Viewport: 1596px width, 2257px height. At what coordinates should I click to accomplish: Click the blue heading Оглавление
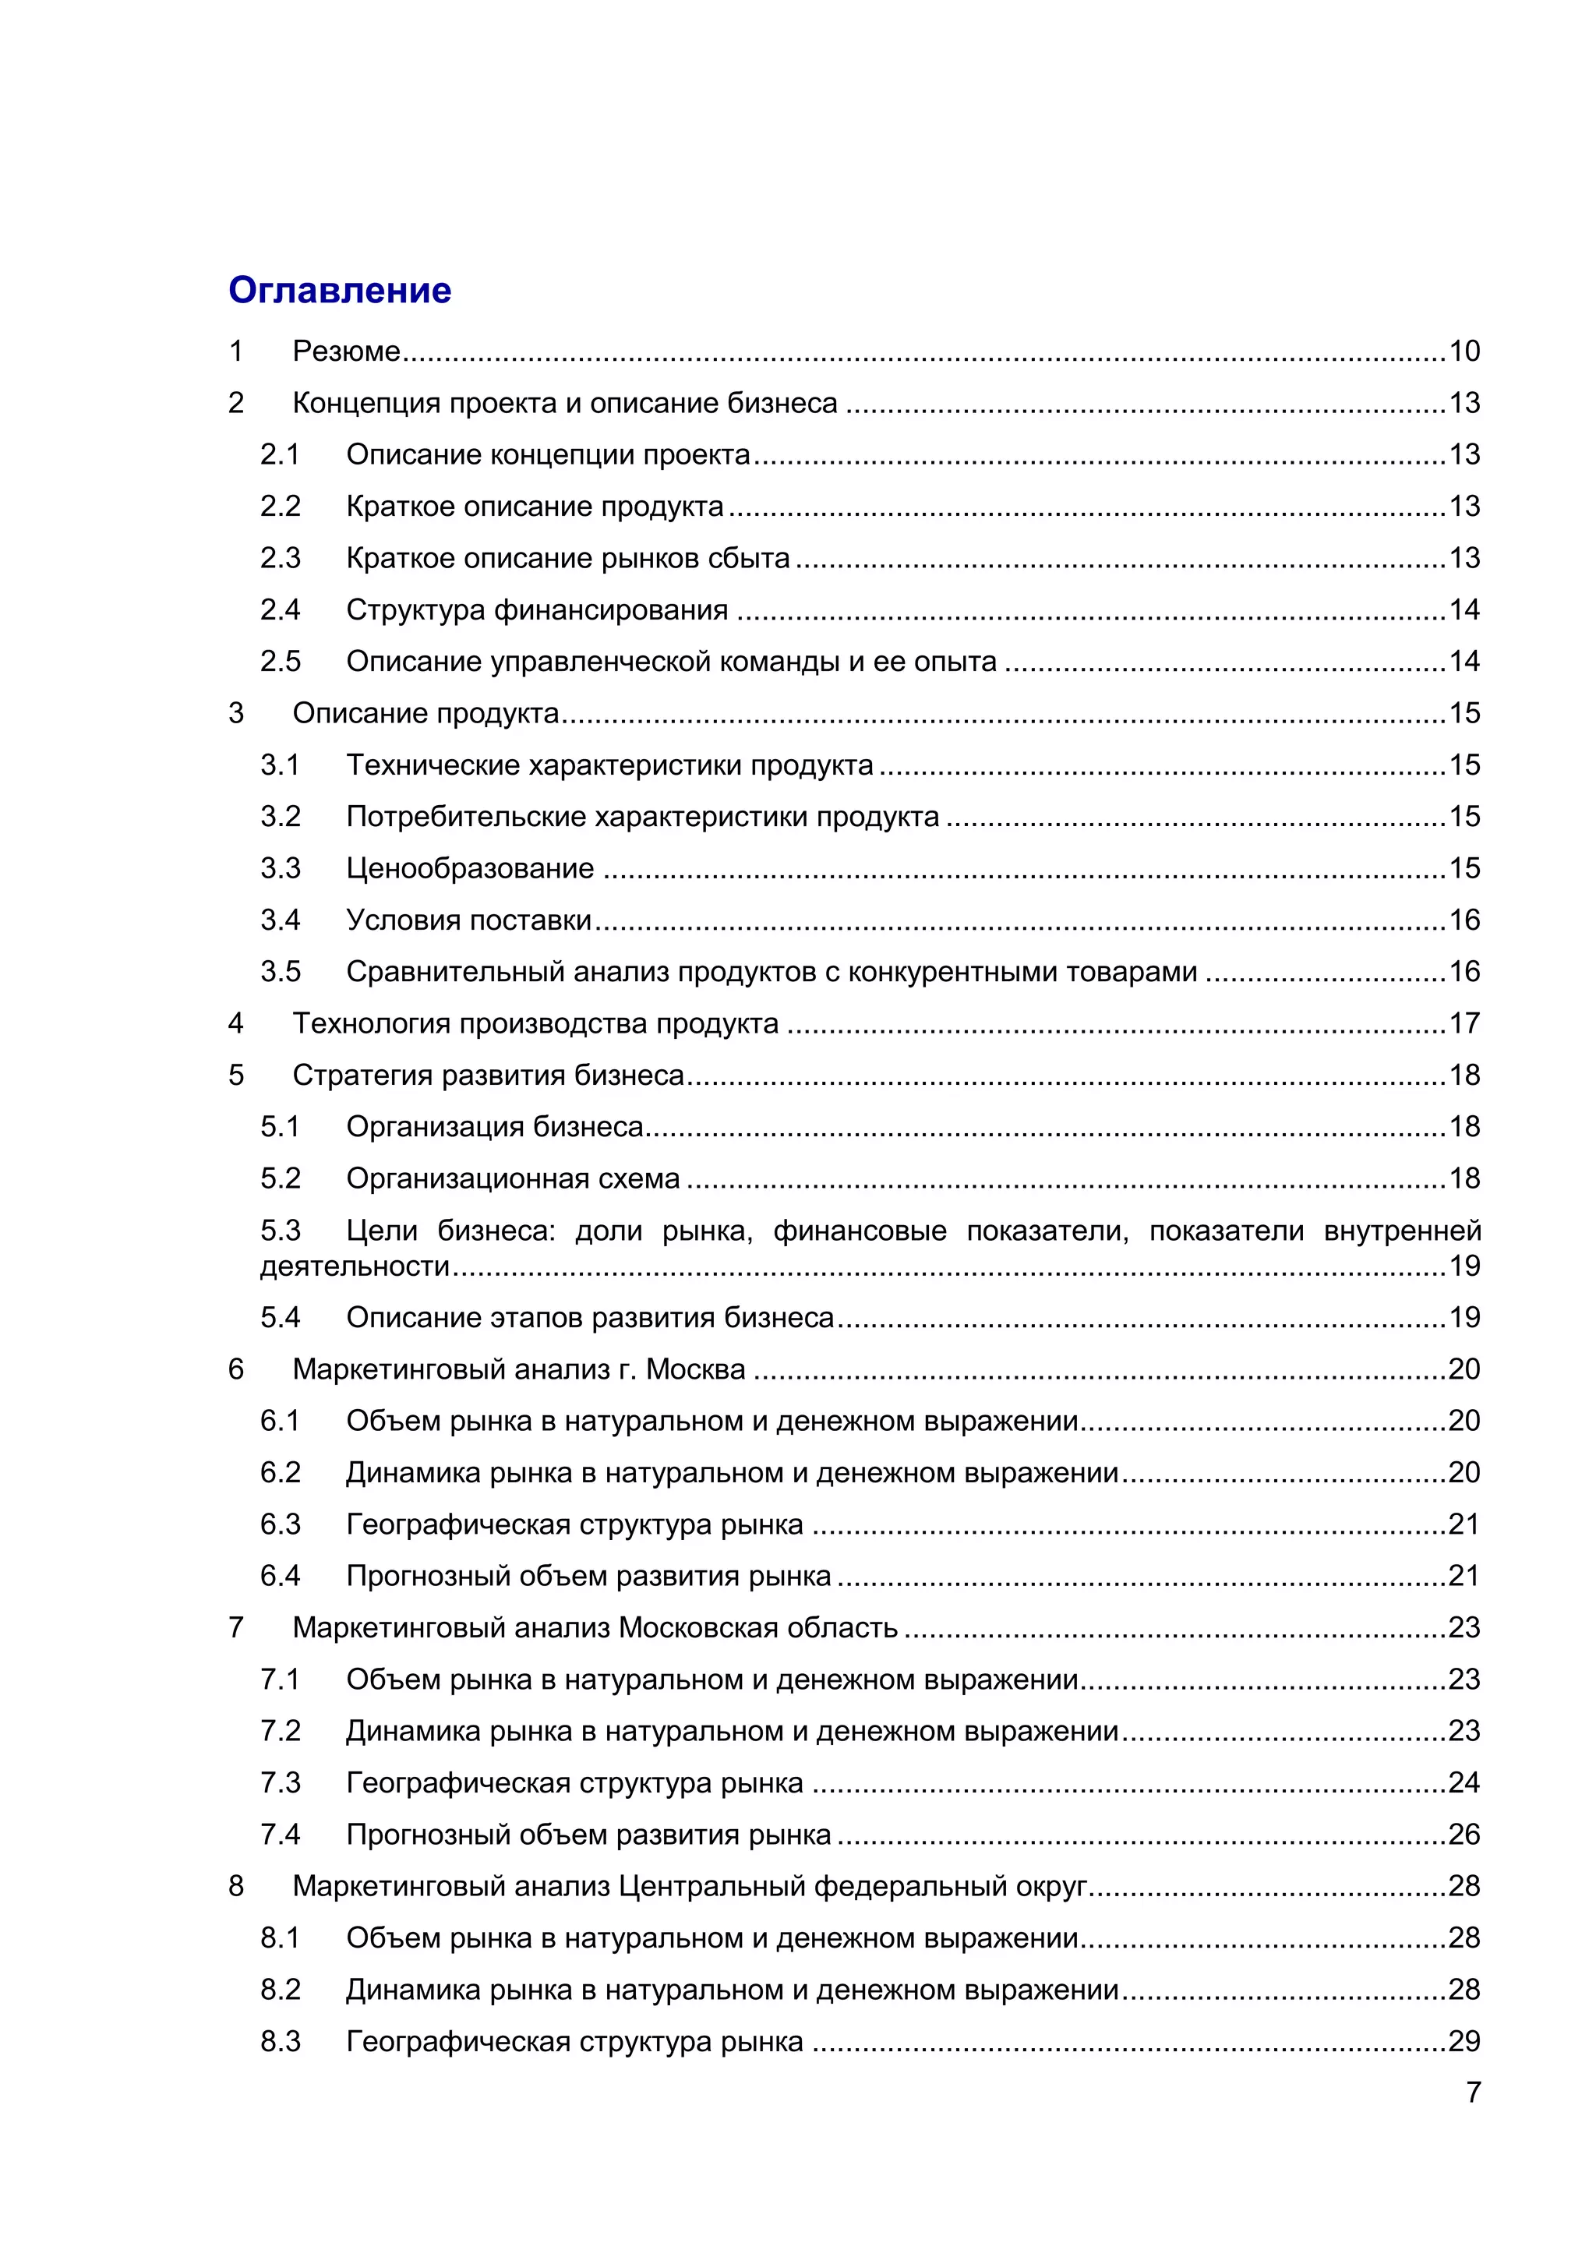[x=339, y=290]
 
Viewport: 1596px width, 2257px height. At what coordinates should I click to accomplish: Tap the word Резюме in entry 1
[x=346, y=351]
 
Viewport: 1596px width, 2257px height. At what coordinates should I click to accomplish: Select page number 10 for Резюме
[x=1464, y=351]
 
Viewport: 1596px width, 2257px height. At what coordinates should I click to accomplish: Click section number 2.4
[x=280, y=609]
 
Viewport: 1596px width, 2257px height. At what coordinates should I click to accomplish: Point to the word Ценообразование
[x=470, y=868]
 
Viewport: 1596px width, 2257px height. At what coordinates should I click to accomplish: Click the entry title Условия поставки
[x=469, y=920]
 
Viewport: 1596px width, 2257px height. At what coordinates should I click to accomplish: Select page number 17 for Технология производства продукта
[x=1464, y=1023]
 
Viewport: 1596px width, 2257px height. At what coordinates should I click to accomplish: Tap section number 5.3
[x=280, y=1231]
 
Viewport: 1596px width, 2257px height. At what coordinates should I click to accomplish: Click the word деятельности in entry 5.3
[x=355, y=1266]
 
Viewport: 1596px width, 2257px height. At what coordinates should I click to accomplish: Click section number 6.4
[x=280, y=1576]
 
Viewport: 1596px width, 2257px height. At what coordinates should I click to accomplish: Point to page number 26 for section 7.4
[x=1464, y=1835]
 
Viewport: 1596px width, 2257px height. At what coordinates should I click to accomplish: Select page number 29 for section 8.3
[x=1464, y=2042]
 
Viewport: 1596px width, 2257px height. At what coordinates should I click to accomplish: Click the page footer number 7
[x=1473, y=2093]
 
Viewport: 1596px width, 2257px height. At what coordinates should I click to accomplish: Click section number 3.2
[x=280, y=817]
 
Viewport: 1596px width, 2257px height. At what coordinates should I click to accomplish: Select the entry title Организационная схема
[x=512, y=1178]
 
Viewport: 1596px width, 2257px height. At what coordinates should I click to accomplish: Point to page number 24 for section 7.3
[x=1464, y=1783]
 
